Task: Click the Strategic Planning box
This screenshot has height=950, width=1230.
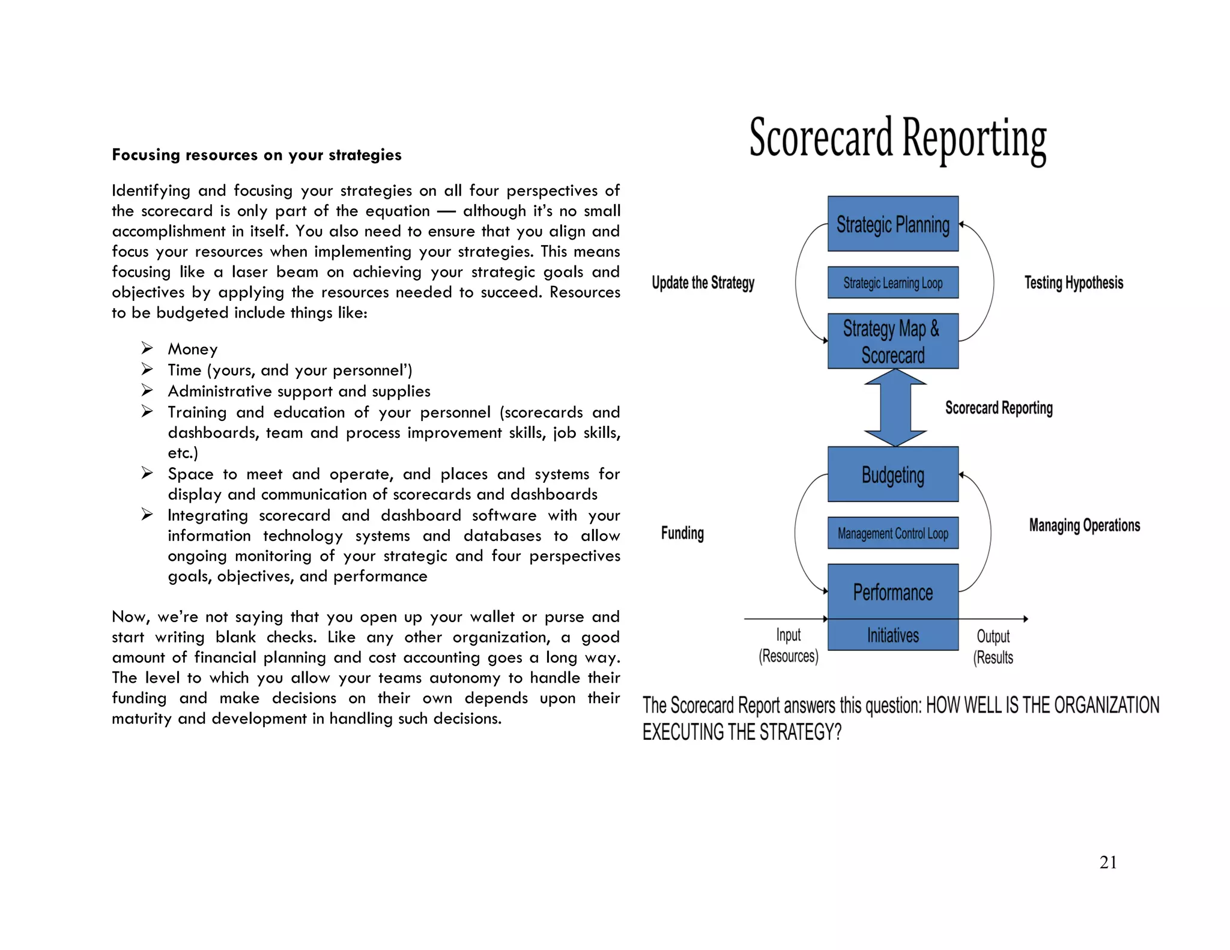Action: tap(892, 224)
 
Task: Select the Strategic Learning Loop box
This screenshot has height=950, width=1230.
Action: tap(892, 283)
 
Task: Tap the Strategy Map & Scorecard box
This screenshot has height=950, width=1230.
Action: tap(892, 341)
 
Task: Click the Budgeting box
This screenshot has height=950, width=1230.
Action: tap(892, 474)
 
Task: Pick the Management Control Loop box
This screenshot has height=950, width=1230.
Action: tap(892, 533)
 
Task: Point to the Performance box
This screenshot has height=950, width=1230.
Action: tap(892, 591)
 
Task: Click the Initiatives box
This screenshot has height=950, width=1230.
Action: tap(892, 635)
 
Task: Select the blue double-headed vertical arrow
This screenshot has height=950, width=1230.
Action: tap(895, 408)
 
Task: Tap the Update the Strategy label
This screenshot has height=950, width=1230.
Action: tap(703, 283)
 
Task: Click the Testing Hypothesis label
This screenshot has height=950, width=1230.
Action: tap(1073, 283)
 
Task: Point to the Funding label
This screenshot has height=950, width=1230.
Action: tap(682, 533)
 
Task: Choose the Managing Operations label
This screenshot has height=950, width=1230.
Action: tap(1084, 525)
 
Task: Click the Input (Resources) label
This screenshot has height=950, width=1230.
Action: tap(788, 646)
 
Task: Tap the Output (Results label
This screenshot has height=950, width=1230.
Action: tap(993, 647)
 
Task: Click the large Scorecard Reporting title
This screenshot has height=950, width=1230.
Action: tap(897, 139)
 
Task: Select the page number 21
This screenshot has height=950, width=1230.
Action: tap(1107, 862)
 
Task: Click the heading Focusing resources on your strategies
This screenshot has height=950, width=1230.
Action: tap(256, 155)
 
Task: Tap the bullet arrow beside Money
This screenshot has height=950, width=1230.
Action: tap(147, 348)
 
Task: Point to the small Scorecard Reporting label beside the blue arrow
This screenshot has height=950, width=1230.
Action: tap(998, 408)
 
